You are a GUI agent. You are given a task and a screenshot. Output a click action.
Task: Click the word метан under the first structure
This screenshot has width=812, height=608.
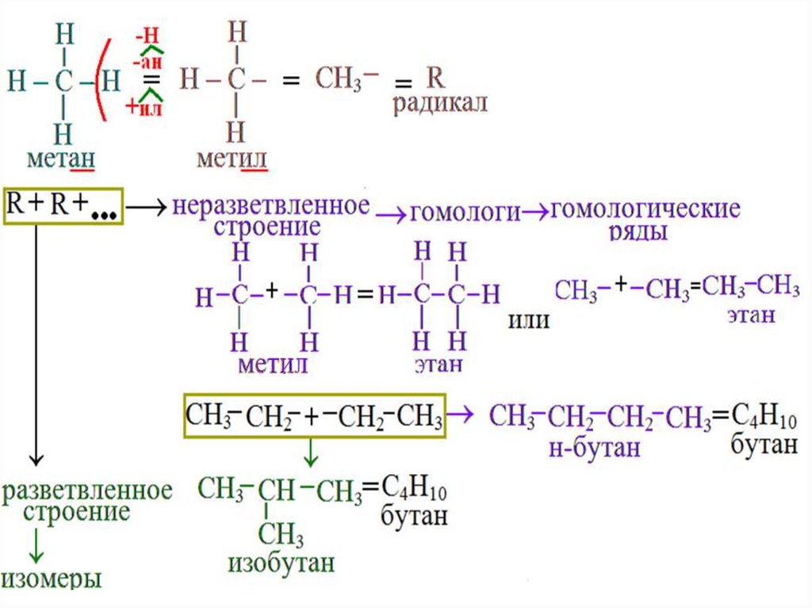pyautogui.click(x=61, y=160)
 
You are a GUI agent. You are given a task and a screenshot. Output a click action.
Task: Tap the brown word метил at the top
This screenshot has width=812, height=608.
pyautogui.click(x=232, y=160)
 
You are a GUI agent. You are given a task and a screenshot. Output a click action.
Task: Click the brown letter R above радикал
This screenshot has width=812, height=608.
pyautogui.click(x=435, y=78)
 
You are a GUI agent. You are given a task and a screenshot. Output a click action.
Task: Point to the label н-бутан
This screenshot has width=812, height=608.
pyautogui.click(x=593, y=448)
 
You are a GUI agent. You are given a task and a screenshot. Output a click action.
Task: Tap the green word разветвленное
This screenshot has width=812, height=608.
pyautogui.click(x=87, y=489)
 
